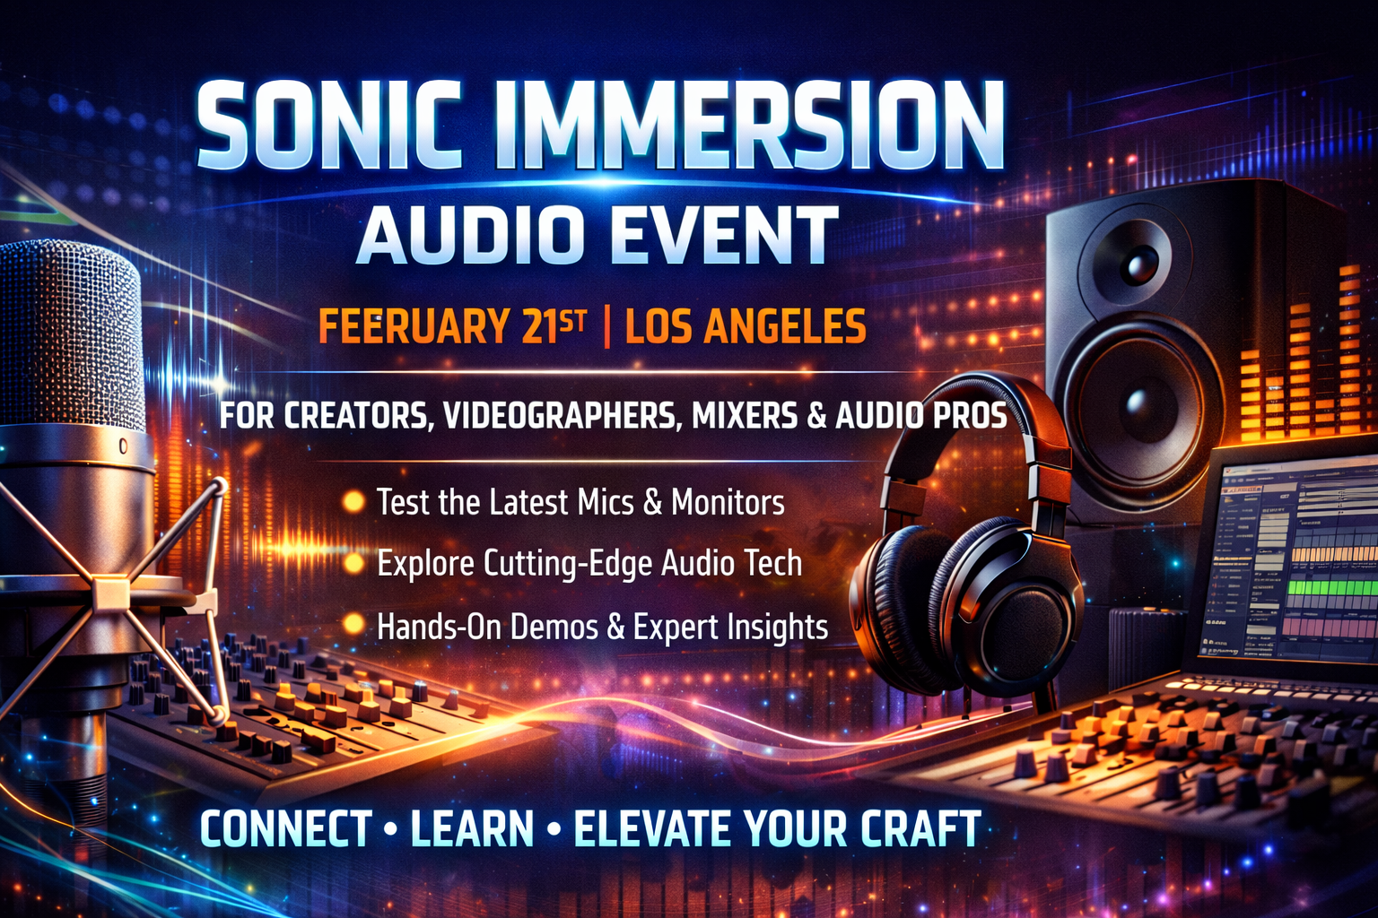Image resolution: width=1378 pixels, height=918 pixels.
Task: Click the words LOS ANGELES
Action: (x=746, y=326)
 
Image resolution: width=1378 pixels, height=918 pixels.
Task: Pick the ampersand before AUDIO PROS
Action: (x=815, y=416)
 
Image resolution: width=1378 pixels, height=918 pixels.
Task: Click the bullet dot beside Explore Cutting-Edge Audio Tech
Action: (x=353, y=563)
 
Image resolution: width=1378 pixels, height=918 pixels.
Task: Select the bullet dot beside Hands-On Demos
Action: (x=353, y=624)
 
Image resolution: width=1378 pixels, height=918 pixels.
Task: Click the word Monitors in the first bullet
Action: (x=728, y=502)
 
